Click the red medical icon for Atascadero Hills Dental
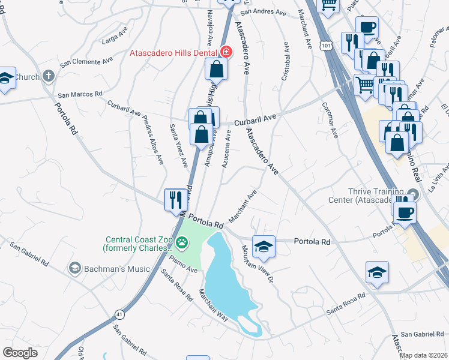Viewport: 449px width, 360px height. (226, 52)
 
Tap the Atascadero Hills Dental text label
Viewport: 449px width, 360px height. (174, 52)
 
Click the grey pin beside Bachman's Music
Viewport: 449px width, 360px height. (75, 267)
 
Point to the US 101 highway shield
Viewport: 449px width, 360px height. (325, 45)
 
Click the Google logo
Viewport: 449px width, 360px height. (20, 352)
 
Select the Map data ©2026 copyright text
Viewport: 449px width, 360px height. (423, 355)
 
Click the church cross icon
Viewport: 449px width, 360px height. (48, 76)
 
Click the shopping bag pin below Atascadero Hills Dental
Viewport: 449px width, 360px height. (217, 70)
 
